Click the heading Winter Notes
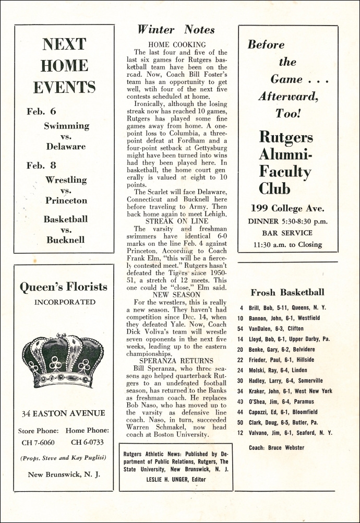[x=176, y=30]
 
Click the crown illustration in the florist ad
[x=63, y=353]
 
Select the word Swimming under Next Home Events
[x=66, y=126]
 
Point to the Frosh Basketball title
[x=287, y=292]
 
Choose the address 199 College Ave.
[x=287, y=208]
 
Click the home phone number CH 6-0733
[x=88, y=443]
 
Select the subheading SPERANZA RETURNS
[x=176, y=361]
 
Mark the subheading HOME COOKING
[x=177, y=45]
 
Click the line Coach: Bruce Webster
[x=277, y=447]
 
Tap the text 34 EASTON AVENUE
[x=63, y=413]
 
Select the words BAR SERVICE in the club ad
[x=287, y=233]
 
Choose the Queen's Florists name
[x=63, y=286]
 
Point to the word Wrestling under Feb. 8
[x=66, y=180]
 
